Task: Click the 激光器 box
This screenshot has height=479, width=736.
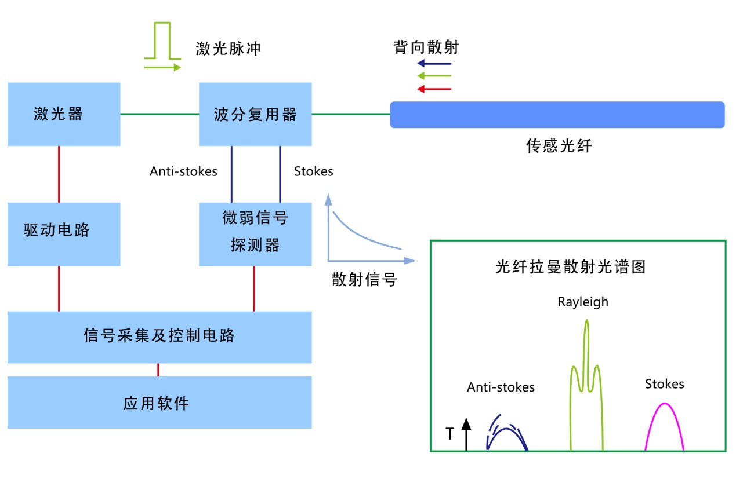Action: [64, 114]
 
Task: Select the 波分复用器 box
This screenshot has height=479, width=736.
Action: [255, 114]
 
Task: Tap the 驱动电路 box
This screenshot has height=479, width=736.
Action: [64, 234]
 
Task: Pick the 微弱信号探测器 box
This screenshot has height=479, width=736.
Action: [255, 234]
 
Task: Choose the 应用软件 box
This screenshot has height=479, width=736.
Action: [159, 403]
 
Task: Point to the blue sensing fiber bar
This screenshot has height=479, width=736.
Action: [557, 115]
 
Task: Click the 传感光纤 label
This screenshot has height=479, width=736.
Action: [559, 146]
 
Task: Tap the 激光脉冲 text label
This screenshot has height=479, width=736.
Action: [229, 48]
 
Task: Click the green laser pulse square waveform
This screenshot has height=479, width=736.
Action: [162, 42]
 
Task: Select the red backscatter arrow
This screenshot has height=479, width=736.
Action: [434, 89]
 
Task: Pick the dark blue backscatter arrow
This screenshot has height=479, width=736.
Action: [434, 63]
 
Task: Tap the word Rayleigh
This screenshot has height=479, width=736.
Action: [583, 302]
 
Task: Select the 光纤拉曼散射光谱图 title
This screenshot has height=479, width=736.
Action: [571, 267]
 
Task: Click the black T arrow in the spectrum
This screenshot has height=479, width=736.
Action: [466, 434]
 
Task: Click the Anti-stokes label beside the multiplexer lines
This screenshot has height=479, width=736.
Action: [183, 171]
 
